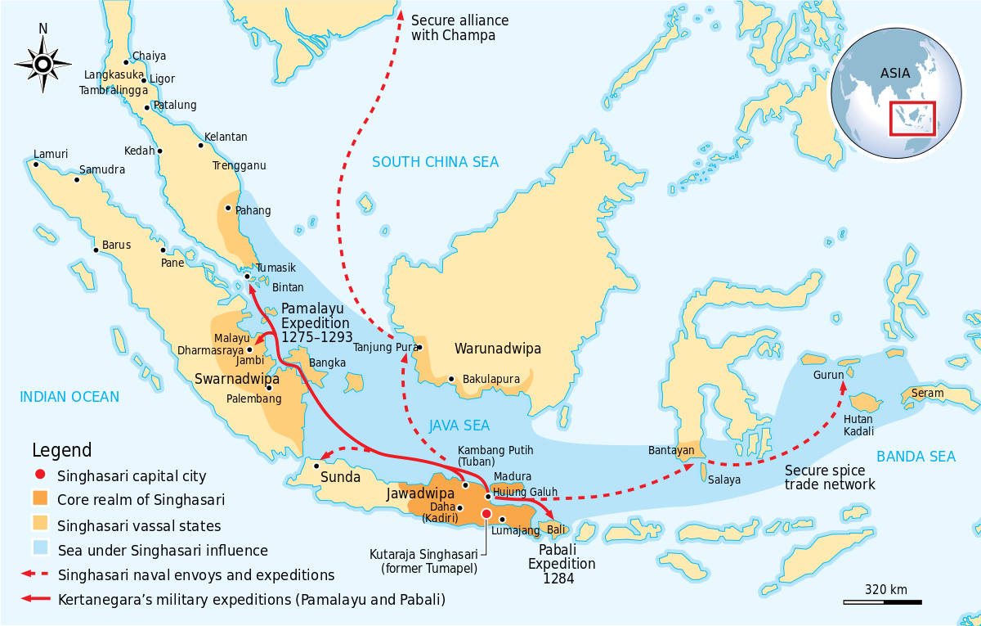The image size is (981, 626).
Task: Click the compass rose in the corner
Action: [x=43, y=61]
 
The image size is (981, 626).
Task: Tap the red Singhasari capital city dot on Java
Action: [x=486, y=513]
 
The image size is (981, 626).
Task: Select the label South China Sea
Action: [x=435, y=162]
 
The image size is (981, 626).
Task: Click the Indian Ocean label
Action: [x=69, y=397]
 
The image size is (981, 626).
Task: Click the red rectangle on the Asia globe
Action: [x=912, y=119]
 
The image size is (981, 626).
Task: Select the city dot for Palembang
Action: [x=269, y=388]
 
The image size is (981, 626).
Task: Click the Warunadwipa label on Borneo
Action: [x=498, y=349]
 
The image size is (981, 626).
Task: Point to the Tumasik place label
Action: [x=275, y=268]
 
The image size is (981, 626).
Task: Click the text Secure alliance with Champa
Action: [x=459, y=28]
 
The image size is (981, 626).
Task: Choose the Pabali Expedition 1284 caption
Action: [x=562, y=564]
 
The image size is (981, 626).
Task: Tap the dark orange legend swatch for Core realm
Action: [x=40, y=499]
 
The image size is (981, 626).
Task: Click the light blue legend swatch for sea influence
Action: [x=40, y=550]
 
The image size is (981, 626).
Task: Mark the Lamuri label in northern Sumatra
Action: [x=51, y=154]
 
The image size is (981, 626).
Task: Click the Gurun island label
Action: [x=828, y=375]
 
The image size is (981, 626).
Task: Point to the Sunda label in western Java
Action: [x=340, y=477]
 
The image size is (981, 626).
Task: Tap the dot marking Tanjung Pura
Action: [x=419, y=348]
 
